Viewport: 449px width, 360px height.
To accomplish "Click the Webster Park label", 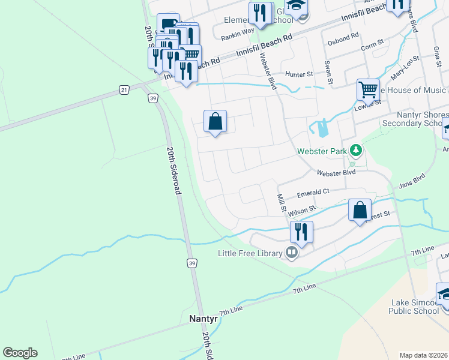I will pos(322,151).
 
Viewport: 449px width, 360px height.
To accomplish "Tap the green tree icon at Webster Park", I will pos(356,149).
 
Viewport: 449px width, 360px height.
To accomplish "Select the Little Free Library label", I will pos(250,253).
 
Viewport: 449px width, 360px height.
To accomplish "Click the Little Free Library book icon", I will pos(292,253).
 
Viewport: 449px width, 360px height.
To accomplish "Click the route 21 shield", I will pos(124,90).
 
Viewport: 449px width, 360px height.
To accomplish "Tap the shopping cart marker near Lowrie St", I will pos(368,90).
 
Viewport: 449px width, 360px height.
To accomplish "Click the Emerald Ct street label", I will pos(313,193).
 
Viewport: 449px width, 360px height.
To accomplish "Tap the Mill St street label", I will pos(280,203).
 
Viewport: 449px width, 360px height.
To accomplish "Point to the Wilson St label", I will pos(301,211).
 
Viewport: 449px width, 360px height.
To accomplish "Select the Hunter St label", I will pos(300,74).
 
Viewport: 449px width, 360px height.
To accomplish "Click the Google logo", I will pos(20,353).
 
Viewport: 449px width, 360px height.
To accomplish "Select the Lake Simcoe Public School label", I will pos(415,306).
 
